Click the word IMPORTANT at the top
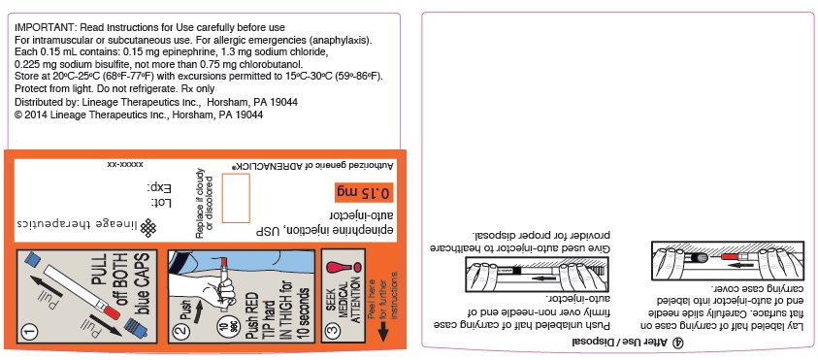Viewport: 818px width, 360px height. click(39, 27)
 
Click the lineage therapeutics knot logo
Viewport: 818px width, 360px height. click(148, 227)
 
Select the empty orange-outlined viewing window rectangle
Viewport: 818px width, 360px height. click(236, 198)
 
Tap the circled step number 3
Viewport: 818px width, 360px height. click(334, 330)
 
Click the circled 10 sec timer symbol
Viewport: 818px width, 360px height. click(223, 330)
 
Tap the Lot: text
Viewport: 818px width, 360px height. click(161, 202)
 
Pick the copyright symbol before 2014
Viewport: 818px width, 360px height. click(18, 115)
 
